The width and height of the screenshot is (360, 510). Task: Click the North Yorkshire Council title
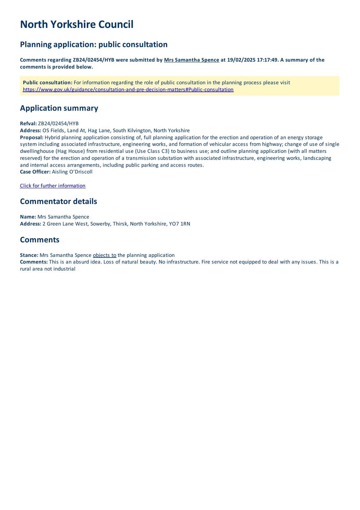click(76, 25)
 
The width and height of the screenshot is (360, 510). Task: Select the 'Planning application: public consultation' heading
click(94, 44)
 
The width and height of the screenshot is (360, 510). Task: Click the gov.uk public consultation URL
click(128, 90)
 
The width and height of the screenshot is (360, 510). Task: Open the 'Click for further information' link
click(53, 186)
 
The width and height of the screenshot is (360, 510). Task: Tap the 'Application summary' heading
click(59, 108)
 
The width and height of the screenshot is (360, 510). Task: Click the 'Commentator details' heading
click(58, 201)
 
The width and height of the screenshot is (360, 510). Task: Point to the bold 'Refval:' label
click(28, 124)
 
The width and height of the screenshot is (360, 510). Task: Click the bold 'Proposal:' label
click(32, 137)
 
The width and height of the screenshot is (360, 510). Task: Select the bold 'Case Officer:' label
click(35, 172)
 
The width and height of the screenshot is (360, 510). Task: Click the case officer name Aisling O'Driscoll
click(72, 172)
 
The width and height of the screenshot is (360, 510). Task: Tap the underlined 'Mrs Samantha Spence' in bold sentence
click(191, 60)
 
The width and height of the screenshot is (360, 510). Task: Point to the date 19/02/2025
click(241, 60)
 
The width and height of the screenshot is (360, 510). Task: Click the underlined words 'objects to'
click(104, 255)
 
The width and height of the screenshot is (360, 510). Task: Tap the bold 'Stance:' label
click(29, 255)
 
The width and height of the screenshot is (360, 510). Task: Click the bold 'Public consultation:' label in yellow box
click(47, 83)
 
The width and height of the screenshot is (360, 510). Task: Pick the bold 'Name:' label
click(28, 217)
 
